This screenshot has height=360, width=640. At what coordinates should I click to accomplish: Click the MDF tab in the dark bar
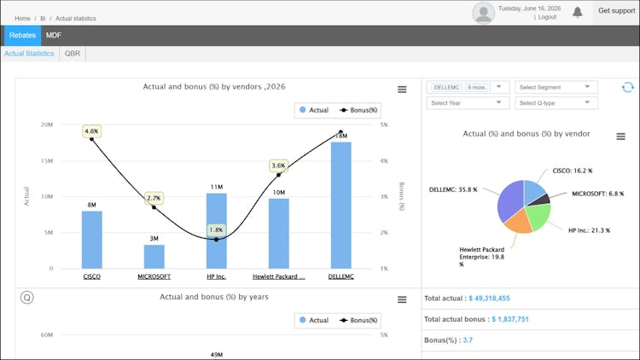(54, 36)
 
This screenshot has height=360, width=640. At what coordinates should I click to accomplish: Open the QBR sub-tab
(73, 54)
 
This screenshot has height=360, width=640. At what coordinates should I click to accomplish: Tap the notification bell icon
(577, 12)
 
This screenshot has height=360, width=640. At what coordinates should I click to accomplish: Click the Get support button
(616, 11)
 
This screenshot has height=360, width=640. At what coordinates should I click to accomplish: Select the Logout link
(547, 17)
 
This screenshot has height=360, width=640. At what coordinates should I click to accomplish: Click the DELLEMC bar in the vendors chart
(340, 206)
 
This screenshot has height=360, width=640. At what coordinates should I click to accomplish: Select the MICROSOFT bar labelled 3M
(154, 257)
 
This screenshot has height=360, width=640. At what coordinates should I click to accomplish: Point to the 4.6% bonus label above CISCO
(91, 131)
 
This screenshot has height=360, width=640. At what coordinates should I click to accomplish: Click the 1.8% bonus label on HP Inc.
(216, 230)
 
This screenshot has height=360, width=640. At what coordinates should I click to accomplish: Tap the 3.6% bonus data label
(278, 165)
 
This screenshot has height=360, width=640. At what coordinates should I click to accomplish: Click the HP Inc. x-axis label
(217, 276)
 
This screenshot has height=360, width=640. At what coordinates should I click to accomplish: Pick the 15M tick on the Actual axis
(47, 161)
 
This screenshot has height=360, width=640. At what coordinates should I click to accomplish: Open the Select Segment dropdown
(556, 87)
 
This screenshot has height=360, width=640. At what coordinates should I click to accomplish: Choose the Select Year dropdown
(468, 103)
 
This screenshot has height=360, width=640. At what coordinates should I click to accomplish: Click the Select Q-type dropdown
(556, 103)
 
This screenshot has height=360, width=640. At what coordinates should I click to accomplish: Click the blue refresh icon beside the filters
(628, 87)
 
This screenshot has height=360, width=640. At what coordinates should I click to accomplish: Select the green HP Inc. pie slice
(538, 216)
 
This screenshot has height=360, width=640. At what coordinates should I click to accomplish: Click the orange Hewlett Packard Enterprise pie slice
(518, 223)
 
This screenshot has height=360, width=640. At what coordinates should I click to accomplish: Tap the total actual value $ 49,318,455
(489, 299)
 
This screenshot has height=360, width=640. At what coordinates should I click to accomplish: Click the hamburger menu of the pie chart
(621, 136)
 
